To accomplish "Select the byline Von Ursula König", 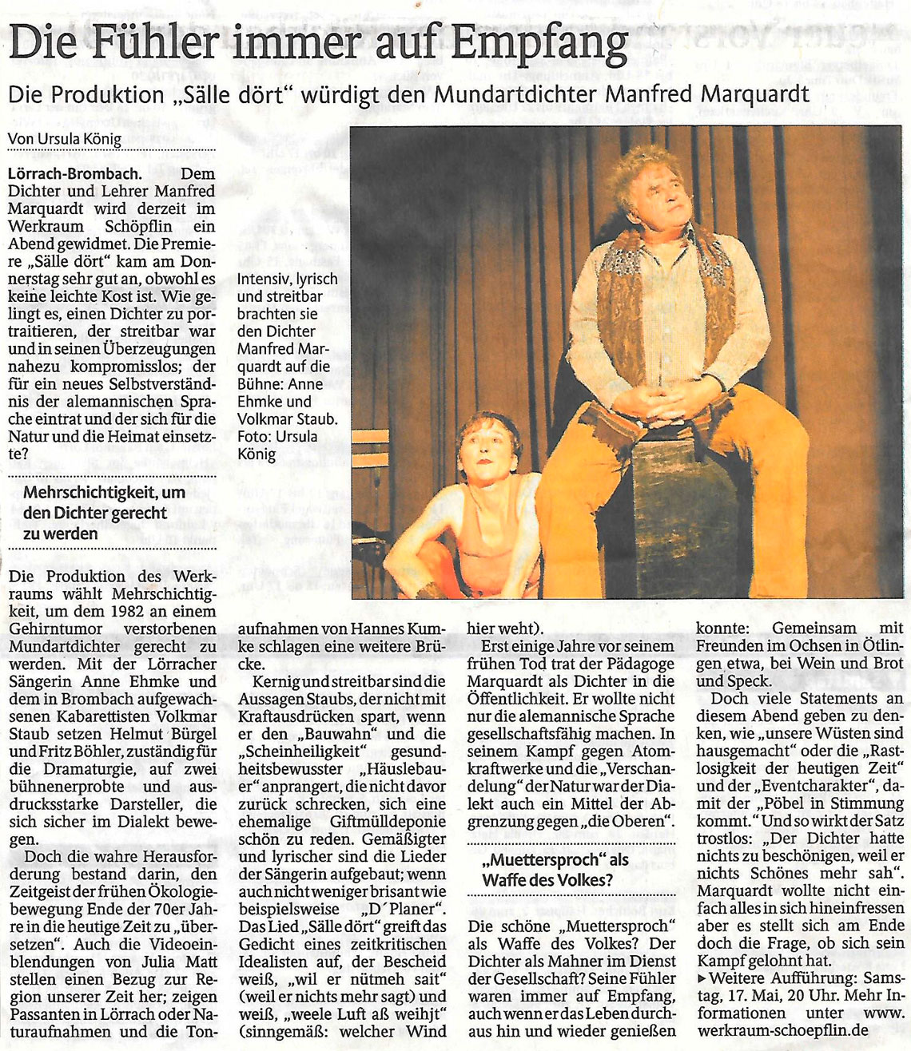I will (65, 139).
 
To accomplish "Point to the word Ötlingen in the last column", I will (875, 646).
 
